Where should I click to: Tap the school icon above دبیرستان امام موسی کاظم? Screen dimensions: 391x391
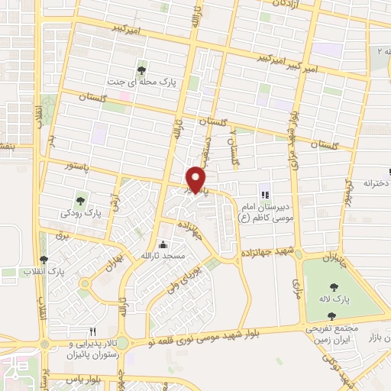pyautogui.click(x=266, y=194)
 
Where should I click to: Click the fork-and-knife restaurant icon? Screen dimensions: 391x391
pyautogui.click(x=92, y=331)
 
